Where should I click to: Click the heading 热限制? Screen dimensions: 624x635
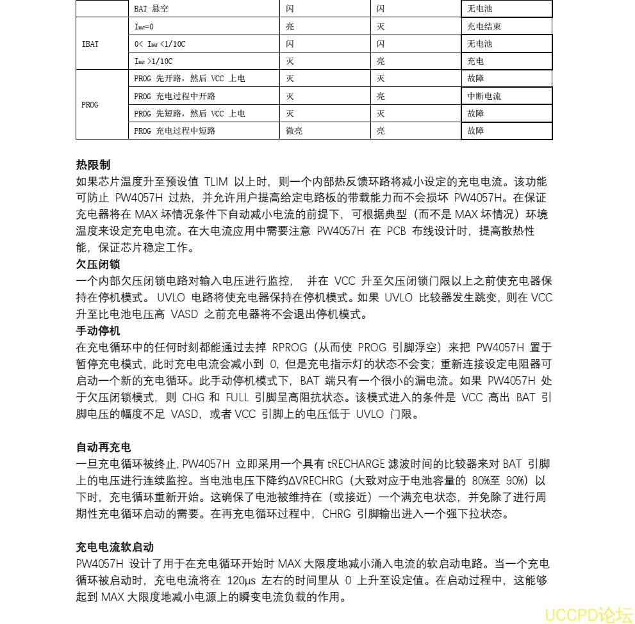93,164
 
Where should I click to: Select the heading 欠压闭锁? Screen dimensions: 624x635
98,264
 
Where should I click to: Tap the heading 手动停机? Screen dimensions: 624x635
98,331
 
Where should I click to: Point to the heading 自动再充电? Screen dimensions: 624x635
103,447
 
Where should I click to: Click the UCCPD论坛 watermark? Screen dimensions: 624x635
588,614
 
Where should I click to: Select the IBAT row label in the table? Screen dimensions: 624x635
90,44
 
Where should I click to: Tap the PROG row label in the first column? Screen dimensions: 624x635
90,104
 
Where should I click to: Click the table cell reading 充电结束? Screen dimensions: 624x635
484,27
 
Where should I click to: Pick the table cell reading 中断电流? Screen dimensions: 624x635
484,96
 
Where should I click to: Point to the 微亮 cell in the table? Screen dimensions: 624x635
294,131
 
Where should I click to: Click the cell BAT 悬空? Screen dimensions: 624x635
152,10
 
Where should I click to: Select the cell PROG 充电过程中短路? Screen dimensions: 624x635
175,131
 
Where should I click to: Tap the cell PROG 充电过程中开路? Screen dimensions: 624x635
175,96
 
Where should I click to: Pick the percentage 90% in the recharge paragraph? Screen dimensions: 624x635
514,480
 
